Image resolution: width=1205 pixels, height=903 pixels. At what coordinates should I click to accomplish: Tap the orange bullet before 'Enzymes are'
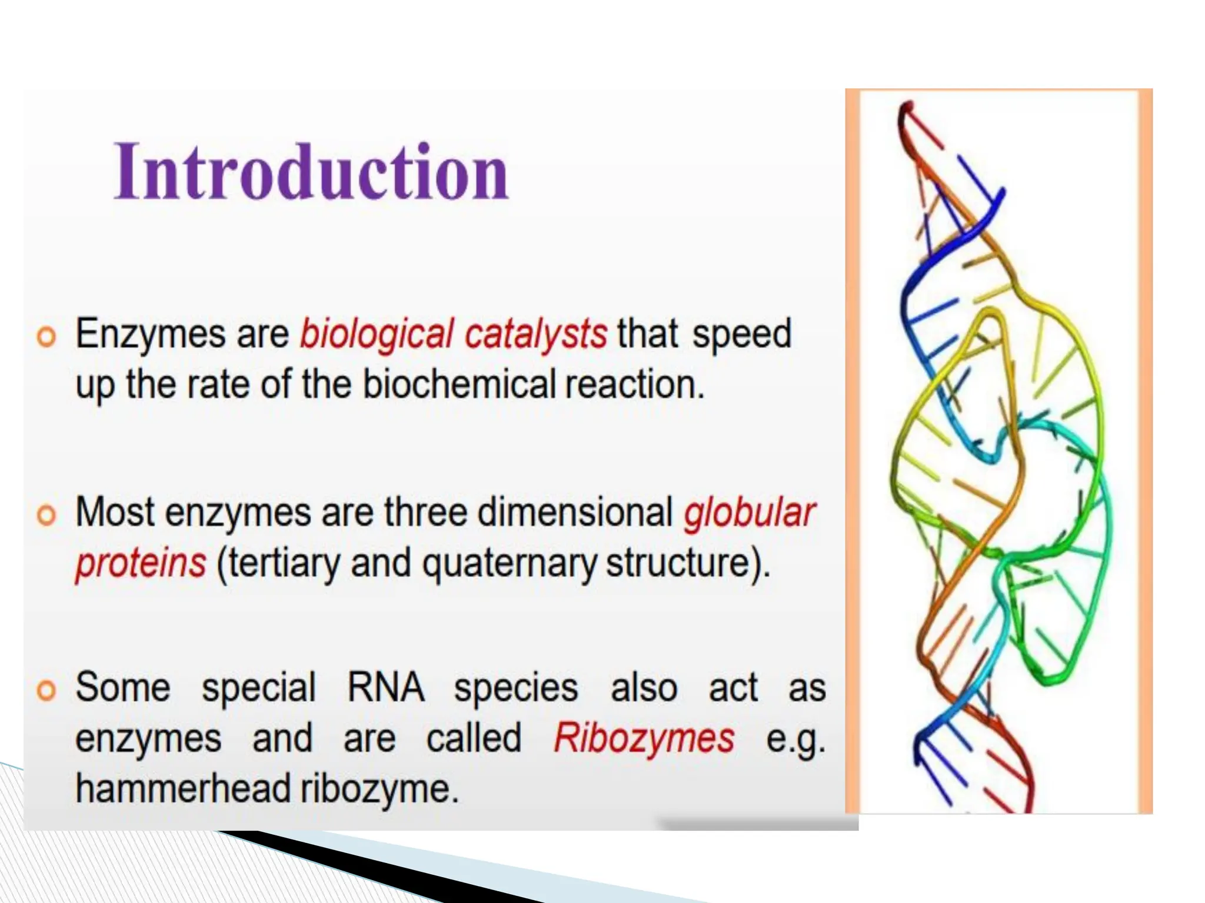pyautogui.click(x=46, y=337)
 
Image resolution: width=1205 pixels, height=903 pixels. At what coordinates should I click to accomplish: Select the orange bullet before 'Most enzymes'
pyautogui.click(x=46, y=515)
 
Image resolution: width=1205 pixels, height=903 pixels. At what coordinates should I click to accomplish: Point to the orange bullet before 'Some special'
pyautogui.click(x=46, y=690)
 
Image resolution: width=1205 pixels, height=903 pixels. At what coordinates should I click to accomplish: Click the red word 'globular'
pyautogui.click(x=749, y=513)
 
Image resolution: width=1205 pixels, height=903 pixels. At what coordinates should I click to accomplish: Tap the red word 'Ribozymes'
pyautogui.click(x=644, y=738)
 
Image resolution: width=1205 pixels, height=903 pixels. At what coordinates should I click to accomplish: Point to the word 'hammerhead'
pyautogui.click(x=183, y=789)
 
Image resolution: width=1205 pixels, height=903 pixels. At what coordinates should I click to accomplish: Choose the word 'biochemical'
pyautogui.click(x=459, y=385)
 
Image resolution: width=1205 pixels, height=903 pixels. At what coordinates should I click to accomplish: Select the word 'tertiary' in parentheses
pyautogui.click(x=282, y=563)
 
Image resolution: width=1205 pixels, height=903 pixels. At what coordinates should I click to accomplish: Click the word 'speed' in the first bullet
pyautogui.click(x=741, y=334)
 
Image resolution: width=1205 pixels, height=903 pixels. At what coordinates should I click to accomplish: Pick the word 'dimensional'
pyautogui.click(x=575, y=513)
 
